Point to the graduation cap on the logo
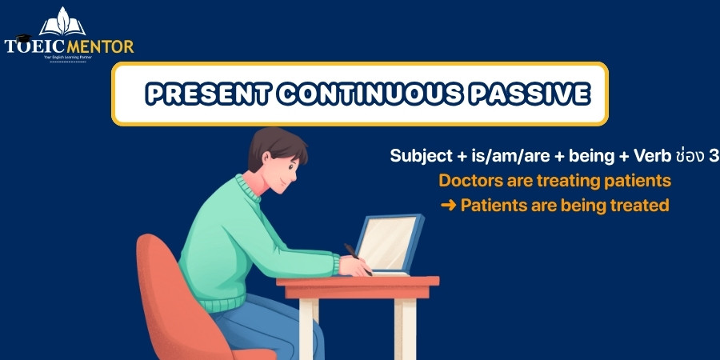[23, 38]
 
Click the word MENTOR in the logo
[100, 46]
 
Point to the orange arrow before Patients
[448, 206]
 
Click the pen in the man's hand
[358, 259]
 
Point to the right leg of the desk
[405, 329]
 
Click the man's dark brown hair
[275, 145]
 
